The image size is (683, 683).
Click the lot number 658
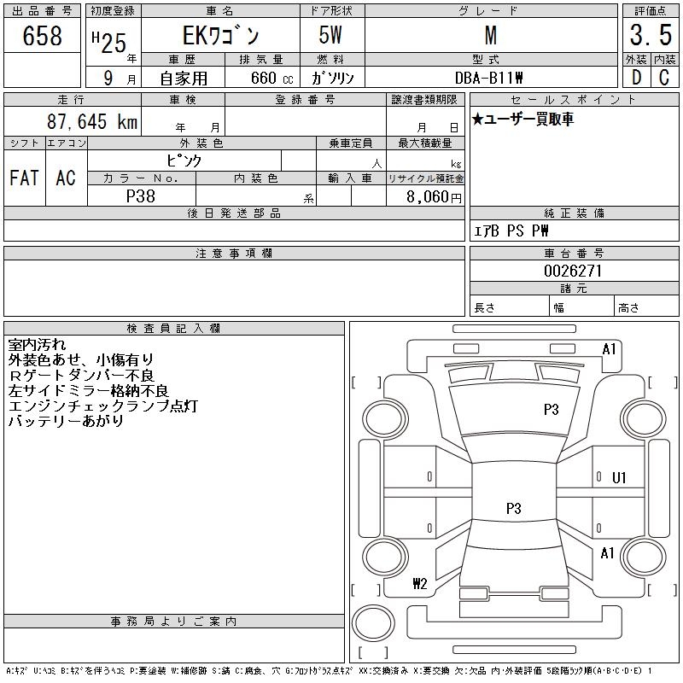pyautogui.click(x=43, y=36)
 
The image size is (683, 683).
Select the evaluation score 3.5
pyautogui.click(x=651, y=36)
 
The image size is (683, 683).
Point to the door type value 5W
pyautogui.click(x=331, y=36)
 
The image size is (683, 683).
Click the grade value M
pyautogui.click(x=490, y=36)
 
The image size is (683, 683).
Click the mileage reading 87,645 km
pyautogui.click(x=92, y=121)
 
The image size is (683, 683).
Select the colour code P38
pyautogui.click(x=141, y=196)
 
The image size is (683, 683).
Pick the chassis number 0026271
pyautogui.click(x=574, y=271)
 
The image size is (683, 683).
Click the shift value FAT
pyautogui.click(x=24, y=178)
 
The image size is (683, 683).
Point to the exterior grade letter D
pyautogui.click(x=636, y=77)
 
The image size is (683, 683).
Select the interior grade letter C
pyautogui.click(x=664, y=77)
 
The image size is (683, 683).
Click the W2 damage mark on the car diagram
pyautogui.click(x=419, y=584)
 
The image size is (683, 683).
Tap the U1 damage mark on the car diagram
pyautogui.click(x=619, y=478)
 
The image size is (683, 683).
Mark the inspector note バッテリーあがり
pyautogui.click(x=66, y=421)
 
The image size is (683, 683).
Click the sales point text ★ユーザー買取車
pyautogui.click(x=522, y=120)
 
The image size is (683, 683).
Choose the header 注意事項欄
pyautogui.click(x=234, y=254)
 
